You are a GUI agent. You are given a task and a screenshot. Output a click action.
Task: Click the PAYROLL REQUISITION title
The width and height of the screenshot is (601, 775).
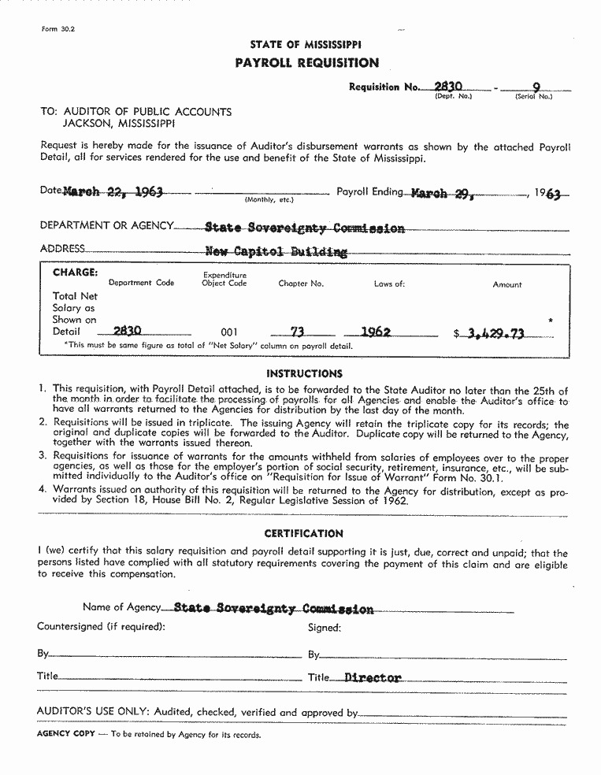coord(306,63)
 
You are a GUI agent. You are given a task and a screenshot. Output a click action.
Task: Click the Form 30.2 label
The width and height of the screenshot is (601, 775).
coord(57,29)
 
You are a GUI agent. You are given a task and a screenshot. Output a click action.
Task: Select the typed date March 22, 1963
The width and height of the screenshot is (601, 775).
coord(113,192)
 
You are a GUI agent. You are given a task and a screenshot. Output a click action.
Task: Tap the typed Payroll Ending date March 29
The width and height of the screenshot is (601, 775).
coord(440,193)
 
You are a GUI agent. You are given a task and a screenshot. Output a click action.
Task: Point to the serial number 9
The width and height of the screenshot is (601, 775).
coord(536,87)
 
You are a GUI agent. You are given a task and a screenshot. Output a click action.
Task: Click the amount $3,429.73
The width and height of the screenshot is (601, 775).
coord(495,333)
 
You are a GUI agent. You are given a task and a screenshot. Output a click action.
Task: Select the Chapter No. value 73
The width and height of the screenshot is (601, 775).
coord(297,332)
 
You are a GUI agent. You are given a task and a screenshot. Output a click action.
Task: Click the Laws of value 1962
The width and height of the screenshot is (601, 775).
coord(376,332)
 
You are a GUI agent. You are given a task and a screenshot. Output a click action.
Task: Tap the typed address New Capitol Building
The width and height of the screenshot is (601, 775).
coord(276,252)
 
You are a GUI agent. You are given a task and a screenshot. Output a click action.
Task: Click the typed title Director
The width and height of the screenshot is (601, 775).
coord(373,677)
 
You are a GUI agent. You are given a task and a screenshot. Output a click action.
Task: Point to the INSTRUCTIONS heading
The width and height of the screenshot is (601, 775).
coord(304,373)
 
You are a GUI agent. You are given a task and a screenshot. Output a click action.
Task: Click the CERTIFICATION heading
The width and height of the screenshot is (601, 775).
coord(303,533)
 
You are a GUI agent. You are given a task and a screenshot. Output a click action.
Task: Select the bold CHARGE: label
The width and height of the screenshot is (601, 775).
coord(76,273)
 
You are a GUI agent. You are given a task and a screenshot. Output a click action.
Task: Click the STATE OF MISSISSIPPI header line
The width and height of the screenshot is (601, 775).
coord(306,45)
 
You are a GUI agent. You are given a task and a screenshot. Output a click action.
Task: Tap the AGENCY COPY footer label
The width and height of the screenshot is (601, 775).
coord(66,734)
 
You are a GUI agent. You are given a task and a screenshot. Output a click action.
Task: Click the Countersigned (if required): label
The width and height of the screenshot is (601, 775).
coord(101,627)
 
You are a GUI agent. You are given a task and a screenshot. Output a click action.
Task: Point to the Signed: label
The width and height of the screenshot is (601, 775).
coord(324,628)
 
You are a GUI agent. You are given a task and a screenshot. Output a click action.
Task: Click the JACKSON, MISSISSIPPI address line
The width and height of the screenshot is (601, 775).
coord(119,124)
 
